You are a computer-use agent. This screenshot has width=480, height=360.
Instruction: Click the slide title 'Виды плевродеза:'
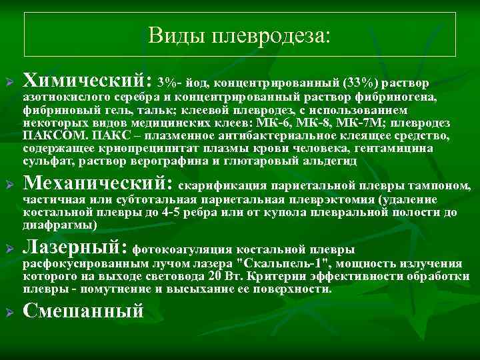pyautogui.click(x=239, y=34)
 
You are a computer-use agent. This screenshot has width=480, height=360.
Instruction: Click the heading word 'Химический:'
pyautogui.click(x=87, y=81)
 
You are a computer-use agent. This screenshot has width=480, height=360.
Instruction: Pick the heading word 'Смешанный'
pyautogui.click(x=83, y=310)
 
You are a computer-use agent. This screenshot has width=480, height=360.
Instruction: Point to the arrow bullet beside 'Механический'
pyautogui.click(x=10, y=185)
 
